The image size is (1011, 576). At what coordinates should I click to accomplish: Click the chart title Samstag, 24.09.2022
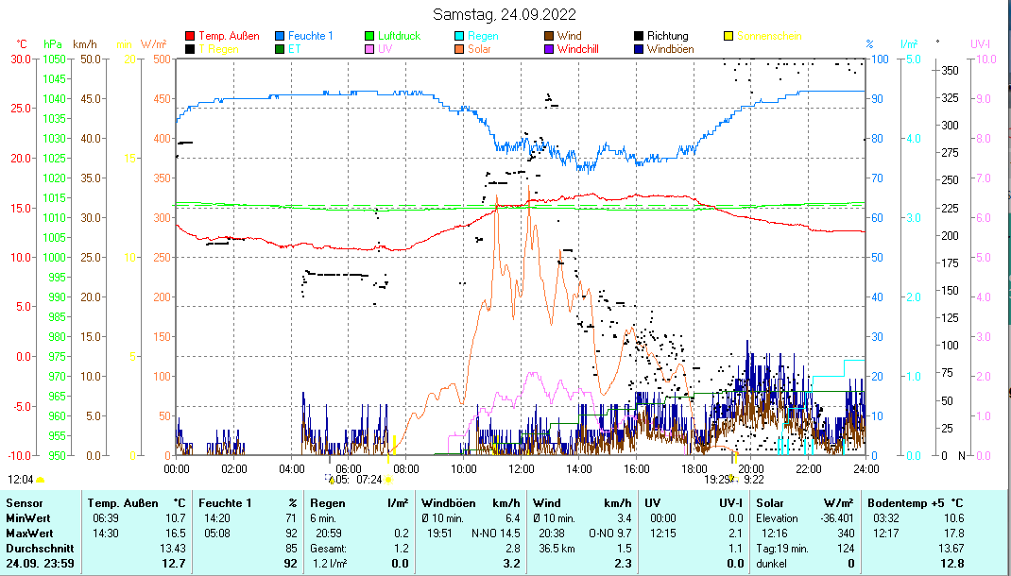click(504, 14)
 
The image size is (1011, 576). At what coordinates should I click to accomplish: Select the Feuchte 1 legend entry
click(310, 36)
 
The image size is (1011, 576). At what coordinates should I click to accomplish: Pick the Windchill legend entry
click(583, 48)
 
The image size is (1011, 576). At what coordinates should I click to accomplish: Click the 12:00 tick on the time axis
click(522, 468)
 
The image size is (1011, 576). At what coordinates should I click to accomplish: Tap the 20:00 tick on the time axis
click(751, 468)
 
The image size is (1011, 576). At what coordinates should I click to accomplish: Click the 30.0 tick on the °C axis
click(21, 59)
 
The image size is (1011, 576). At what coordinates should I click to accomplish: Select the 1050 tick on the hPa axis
click(54, 59)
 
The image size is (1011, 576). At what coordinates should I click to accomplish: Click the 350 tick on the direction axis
click(950, 70)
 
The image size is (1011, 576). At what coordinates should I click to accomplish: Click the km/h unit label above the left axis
click(84, 44)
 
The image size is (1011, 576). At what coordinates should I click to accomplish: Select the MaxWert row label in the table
click(28, 533)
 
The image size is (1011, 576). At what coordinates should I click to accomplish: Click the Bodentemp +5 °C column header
click(916, 503)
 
